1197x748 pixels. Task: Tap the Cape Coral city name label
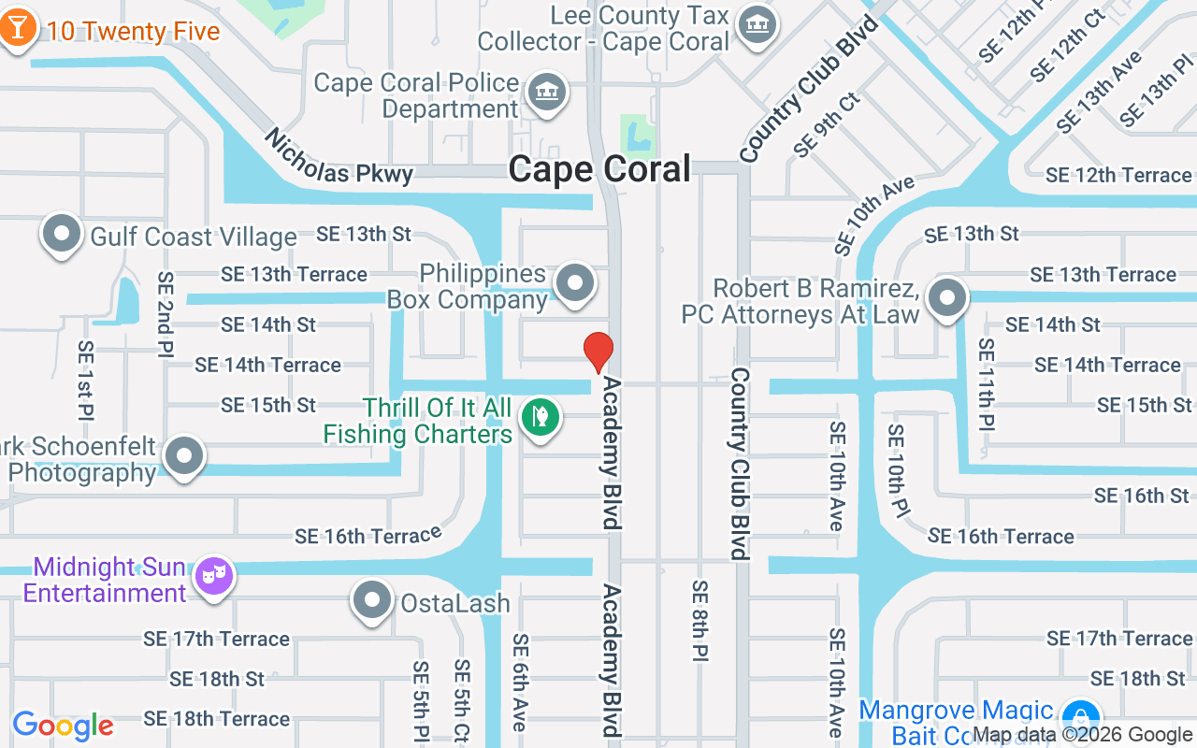[x=599, y=169]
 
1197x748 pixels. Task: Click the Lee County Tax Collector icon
[x=755, y=23]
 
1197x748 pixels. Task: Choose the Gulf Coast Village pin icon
[x=62, y=233]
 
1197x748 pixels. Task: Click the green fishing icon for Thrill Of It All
[x=540, y=416]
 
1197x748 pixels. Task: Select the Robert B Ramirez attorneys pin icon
[x=946, y=298]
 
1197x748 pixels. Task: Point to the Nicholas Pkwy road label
[x=338, y=158]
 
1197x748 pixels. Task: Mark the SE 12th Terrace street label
[x=1118, y=175]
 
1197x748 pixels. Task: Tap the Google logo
[x=63, y=726]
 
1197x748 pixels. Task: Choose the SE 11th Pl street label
[x=987, y=384]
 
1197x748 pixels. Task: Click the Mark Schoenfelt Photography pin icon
[x=184, y=455]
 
